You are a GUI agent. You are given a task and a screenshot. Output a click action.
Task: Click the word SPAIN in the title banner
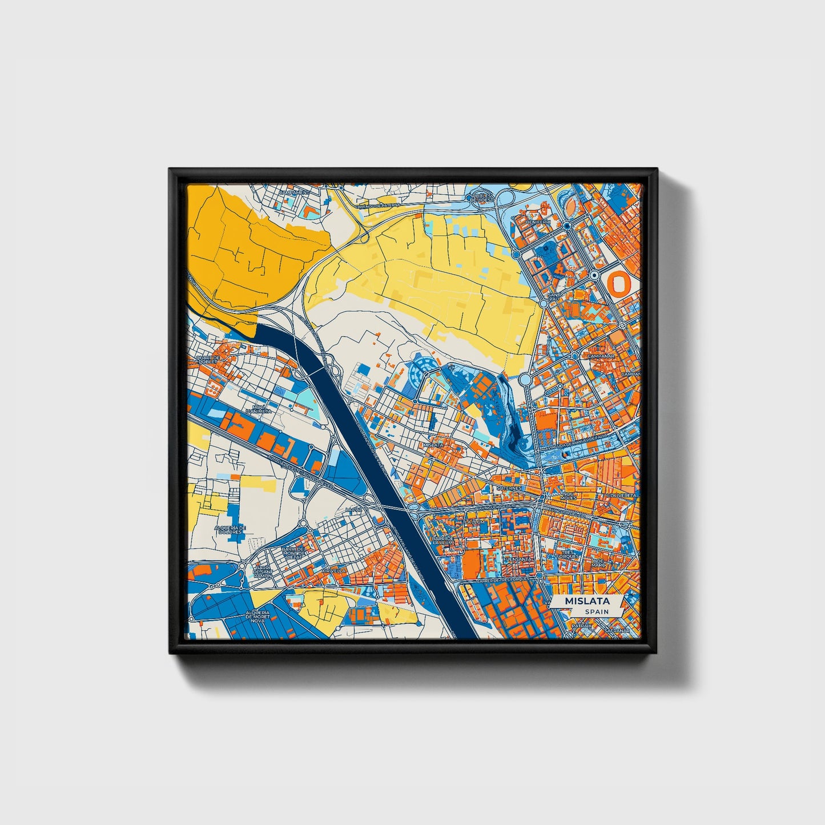pyautogui.click(x=596, y=611)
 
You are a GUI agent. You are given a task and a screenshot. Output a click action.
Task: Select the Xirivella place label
pyautogui.click(x=333, y=570)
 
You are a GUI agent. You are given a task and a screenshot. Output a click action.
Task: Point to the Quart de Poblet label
pyautogui.click(x=208, y=360)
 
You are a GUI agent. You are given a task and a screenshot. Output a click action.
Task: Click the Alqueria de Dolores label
pyautogui.click(x=230, y=530)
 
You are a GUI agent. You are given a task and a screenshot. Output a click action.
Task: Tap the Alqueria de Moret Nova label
pyautogui.click(x=257, y=617)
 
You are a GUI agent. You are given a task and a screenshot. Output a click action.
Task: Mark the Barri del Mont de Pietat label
pyautogui.click(x=295, y=552)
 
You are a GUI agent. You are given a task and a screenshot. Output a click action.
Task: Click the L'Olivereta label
pyautogui.click(x=622, y=496)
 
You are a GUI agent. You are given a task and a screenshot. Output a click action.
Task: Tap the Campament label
pyautogui.click(x=294, y=193)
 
